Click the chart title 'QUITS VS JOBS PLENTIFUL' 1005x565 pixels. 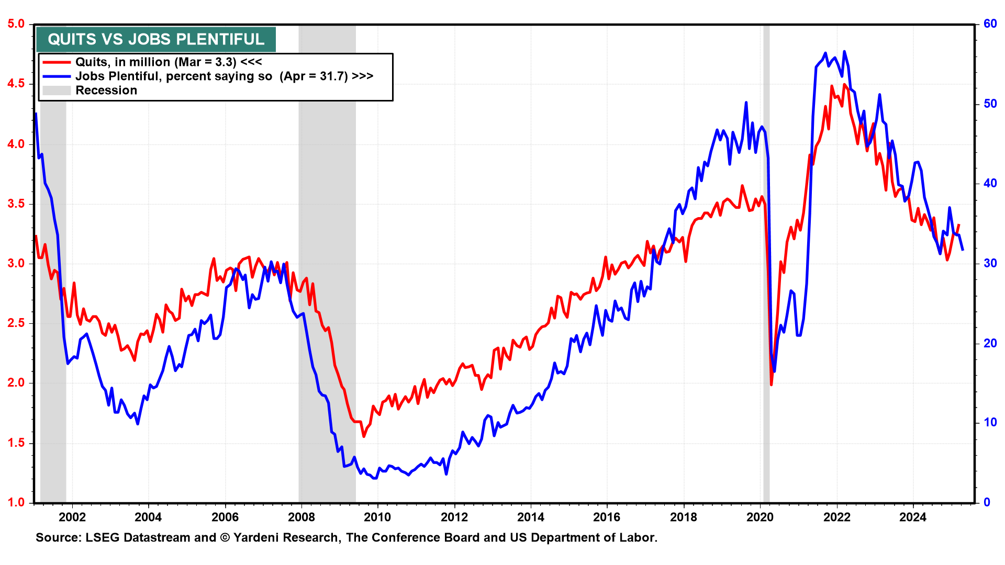[x=156, y=39]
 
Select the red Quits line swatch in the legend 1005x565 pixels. [x=57, y=62]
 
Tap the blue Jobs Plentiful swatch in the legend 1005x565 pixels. [x=57, y=76]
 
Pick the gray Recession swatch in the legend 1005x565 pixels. [x=57, y=91]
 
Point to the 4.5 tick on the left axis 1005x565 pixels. [x=16, y=84]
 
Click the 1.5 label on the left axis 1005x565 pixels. [x=16, y=443]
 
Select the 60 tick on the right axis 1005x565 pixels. [x=990, y=24]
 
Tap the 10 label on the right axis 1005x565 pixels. [x=990, y=423]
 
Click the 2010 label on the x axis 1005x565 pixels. [x=377, y=517]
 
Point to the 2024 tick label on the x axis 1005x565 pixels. [x=913, y=517]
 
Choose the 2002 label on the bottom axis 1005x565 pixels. [x=72, y=517]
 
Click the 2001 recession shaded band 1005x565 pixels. [x=53, y=314]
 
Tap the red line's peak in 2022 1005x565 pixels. [x=844, y=84]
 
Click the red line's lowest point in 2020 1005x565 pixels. [x=771, y=385]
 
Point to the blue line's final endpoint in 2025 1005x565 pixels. [x=963, y=250]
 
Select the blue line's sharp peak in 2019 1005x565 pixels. [x=746, y=103]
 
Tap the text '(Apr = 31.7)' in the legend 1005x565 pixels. [x=314, y=76]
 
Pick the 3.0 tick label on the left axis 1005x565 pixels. [x=16, y=263]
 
